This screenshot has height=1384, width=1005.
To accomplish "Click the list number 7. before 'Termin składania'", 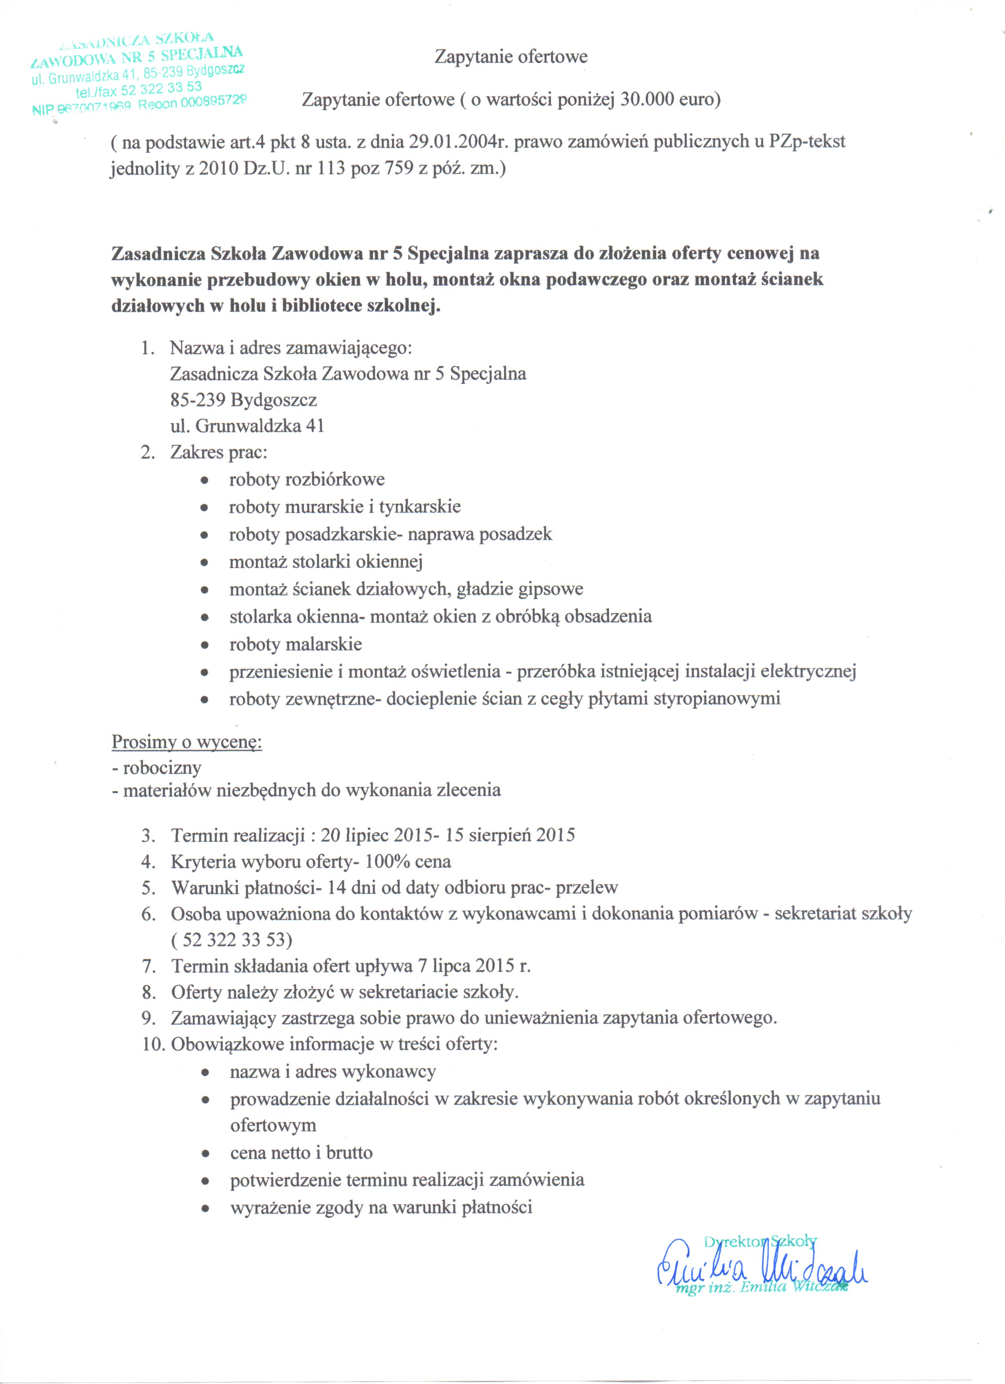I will click(149, 966).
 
